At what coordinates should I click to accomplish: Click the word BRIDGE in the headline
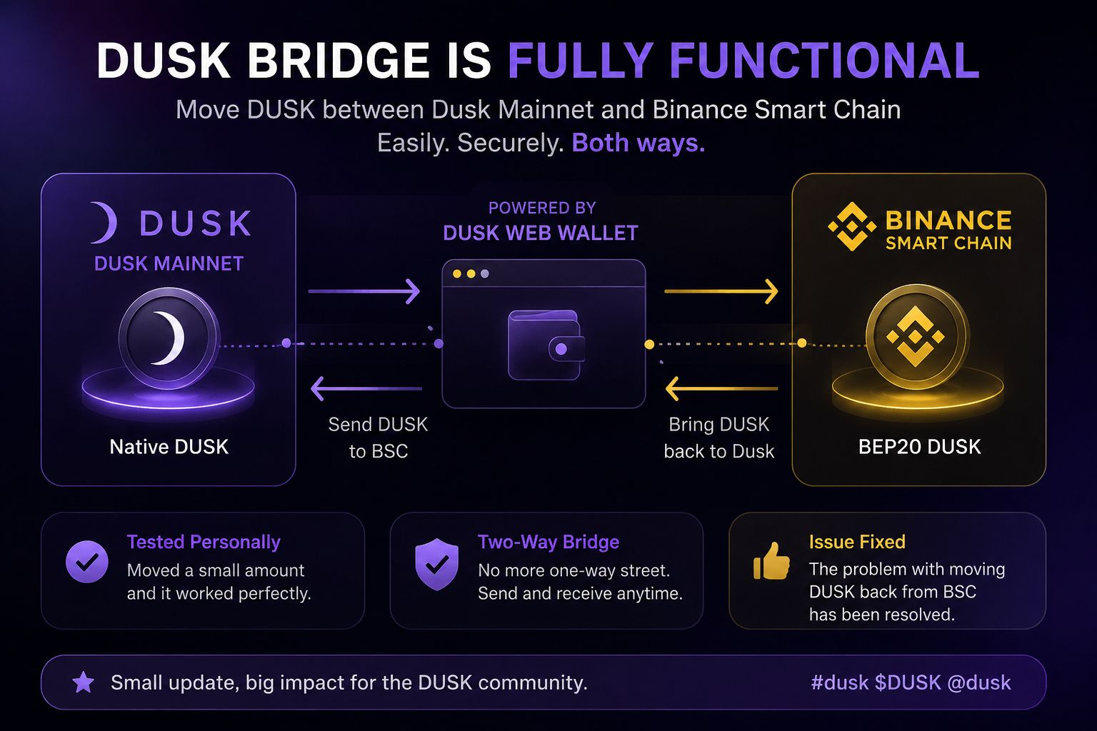pyautogui.click(x=338, y=60)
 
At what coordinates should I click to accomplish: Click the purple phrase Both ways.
pyautogui.click(x=638, y=143)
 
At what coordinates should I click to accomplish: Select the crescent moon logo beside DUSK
pyautogui.click(x=105, y=222)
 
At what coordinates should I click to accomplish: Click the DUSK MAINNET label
pyautogui.click(x=169, y=264)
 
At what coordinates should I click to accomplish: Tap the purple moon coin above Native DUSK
pyautogui.click(x=169, y=338)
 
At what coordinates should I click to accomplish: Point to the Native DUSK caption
pyautogui.click(x=169, y=447)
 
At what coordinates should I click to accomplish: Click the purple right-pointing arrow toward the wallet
pyautogui.click(x=364, y=291)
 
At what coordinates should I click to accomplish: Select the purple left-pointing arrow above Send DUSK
pyautogui.click(x=366, y=389)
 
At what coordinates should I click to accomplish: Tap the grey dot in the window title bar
pyautogui.click(x=485, y=273)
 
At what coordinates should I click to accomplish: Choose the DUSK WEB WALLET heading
pyautogui.click(x=541, y=233)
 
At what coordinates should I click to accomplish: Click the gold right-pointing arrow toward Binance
pyautogui.click(x=721, y=291)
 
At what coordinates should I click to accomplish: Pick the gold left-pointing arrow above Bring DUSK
pyautogui.click(x=722, y=389)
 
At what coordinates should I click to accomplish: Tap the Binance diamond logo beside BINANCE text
pyautogui.click(x=852, y=226)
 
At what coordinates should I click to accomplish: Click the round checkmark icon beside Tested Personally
pyautogui.click(x=87, y=562)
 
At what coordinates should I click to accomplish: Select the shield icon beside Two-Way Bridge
pyautogui.click(x=437, y=564)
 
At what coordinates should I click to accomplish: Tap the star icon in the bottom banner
pyautogui.click(x=84, y=682)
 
